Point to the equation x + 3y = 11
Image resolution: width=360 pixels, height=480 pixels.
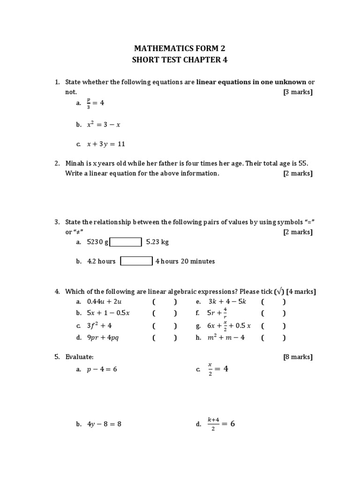click(x=106, y=144)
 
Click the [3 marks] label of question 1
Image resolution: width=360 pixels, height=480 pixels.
click(x=298, y=92)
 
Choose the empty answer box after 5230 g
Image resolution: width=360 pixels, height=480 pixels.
click(x=125, y=242)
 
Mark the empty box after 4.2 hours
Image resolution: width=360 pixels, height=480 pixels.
click(x=136, y=261)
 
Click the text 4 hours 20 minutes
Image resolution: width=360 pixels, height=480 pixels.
click(x=185, y=262)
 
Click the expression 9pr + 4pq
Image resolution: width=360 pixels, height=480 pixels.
click(x=103, y=337)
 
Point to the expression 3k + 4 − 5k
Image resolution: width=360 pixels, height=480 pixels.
click(x=227, y=302)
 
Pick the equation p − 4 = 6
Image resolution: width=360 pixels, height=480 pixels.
click(x=102, y=369)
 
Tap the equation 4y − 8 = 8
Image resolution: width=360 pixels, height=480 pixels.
click(x=104, y=424)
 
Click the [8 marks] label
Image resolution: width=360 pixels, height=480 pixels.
click(x=298, y=357)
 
